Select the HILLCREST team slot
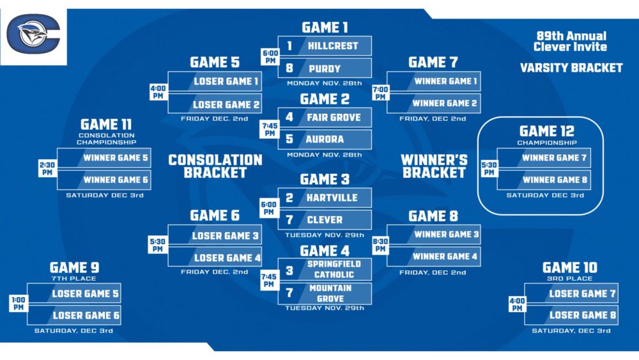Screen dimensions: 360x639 coord(325,46)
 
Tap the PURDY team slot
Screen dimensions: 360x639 coord(325,68)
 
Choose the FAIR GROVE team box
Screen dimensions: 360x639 coord(325,118)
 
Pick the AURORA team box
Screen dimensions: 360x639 coord(325,139)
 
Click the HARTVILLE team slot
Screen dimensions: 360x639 coord(325,198)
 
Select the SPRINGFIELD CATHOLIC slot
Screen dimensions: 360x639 coord(325,269)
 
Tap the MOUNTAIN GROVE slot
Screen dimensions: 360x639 coord(325,293)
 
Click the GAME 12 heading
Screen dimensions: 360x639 coord(546,131)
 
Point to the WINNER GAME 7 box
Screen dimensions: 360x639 coord(553,157)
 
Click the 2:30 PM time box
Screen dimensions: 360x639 coord(47,168)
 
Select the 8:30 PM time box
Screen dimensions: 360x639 coord(380,246)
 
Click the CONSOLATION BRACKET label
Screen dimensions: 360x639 coord(215,166)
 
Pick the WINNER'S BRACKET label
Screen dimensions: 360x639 coord(434,166)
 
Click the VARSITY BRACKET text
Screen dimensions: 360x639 coord(571,68)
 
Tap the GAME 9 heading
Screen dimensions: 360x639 coord(74,267)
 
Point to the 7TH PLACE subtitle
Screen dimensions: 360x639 coord(74,278)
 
